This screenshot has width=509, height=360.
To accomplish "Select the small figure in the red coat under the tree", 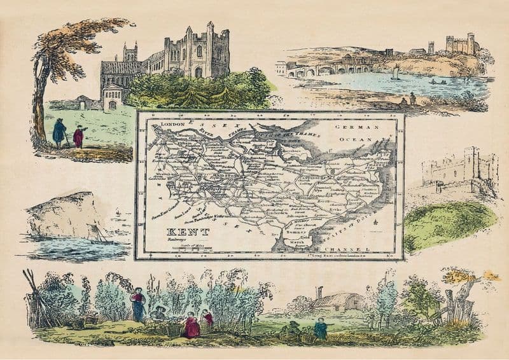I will click(78, 136).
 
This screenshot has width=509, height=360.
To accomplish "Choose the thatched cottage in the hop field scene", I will click(337, 301).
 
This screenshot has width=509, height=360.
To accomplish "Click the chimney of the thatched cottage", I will click(319, 292).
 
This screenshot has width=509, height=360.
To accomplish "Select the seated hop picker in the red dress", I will click(191, 327).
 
